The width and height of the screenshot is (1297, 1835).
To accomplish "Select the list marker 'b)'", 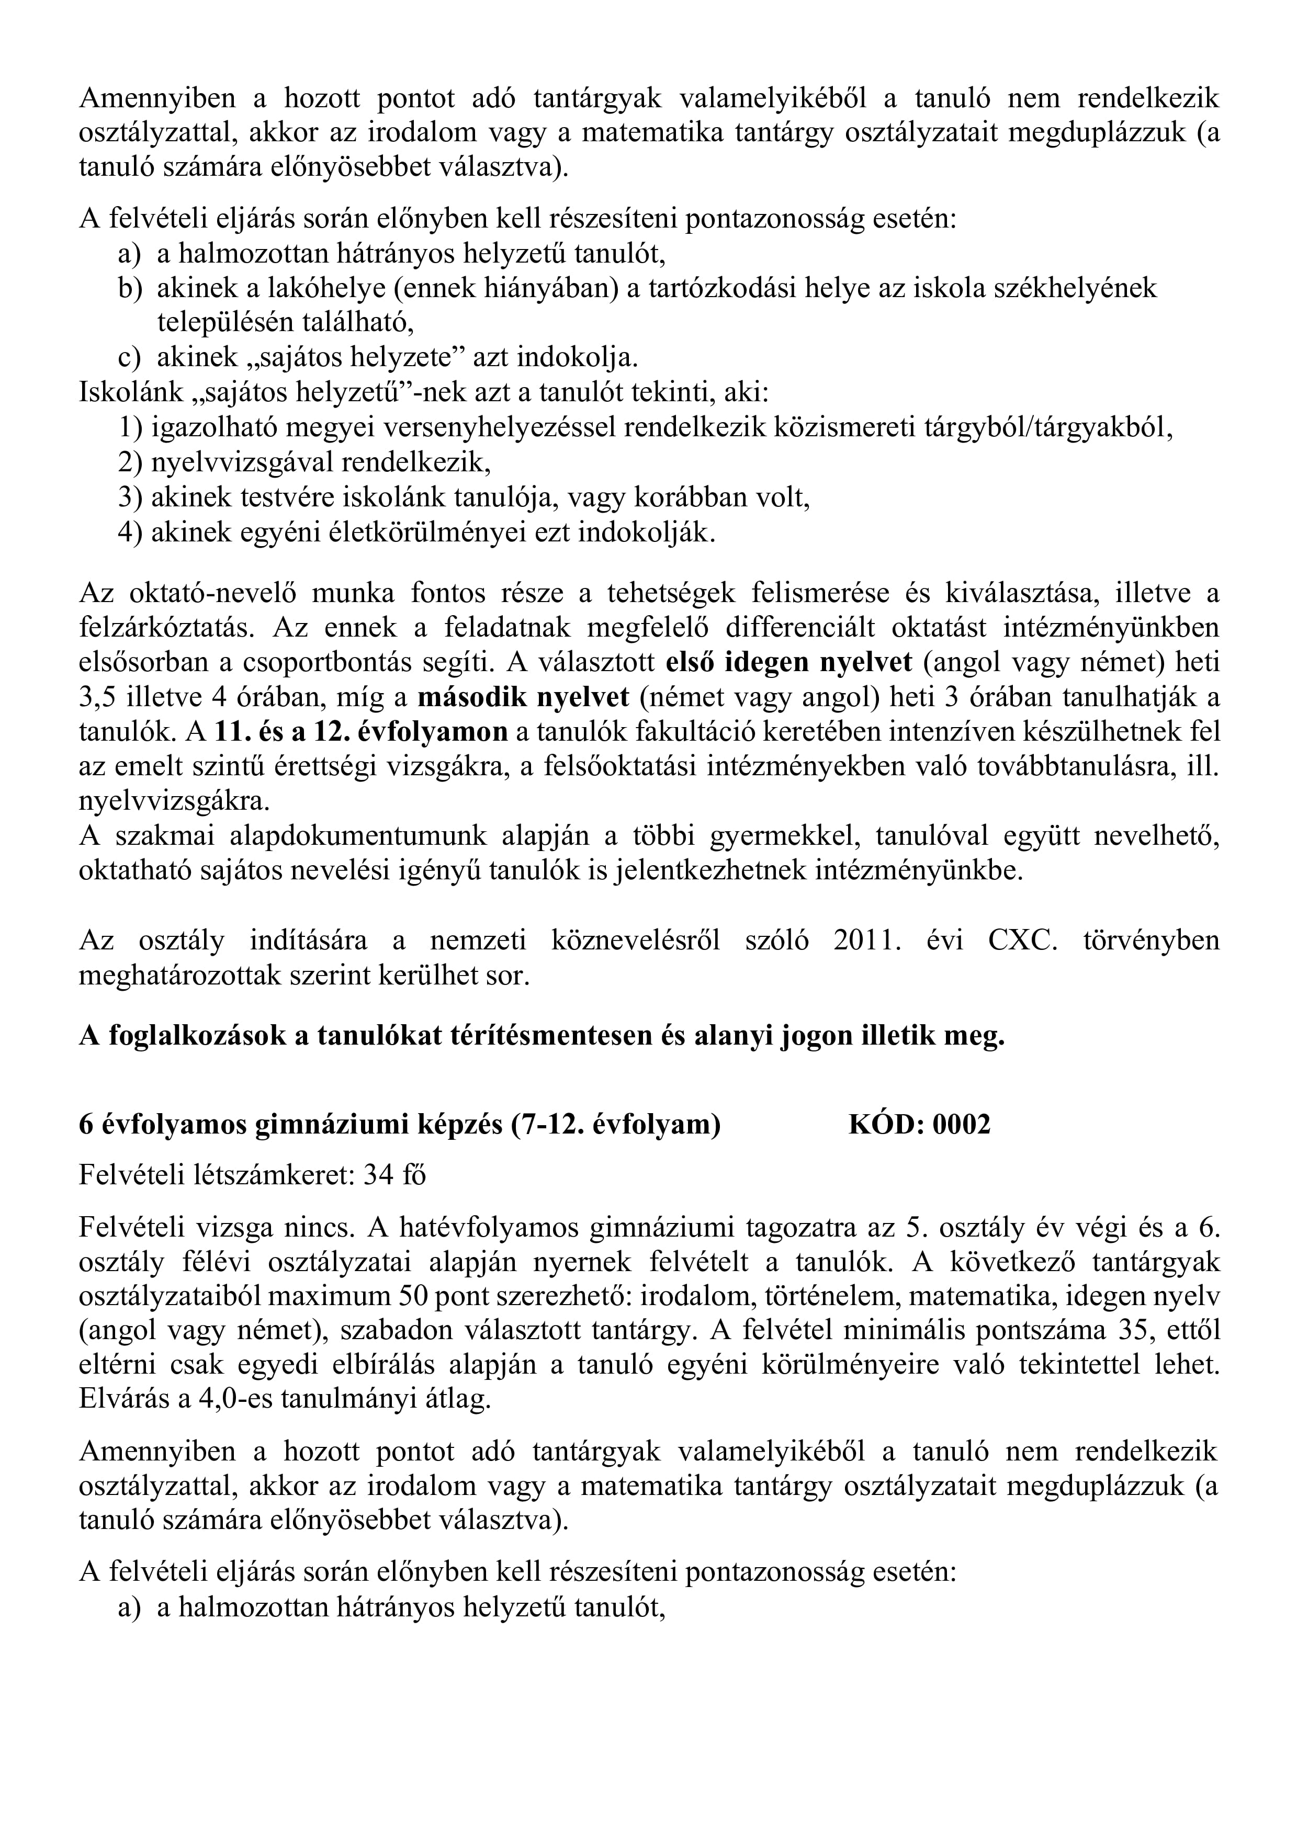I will (129, 288).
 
